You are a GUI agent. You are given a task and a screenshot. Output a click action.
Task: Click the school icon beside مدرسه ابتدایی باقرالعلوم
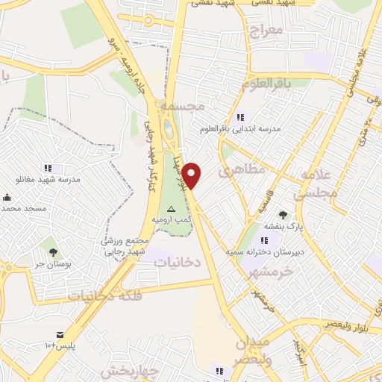(x=239, y=117)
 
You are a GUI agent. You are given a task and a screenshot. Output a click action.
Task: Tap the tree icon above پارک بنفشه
(x=283, y=215)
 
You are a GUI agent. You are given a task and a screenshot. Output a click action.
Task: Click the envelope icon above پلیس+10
(x=59, y=335)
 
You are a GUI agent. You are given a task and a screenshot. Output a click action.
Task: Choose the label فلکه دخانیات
(x=105, y=295)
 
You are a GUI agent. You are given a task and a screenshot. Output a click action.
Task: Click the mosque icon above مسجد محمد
(x=7, y=198)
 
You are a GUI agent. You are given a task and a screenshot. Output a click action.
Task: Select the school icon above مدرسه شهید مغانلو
(x=48, y=169)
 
